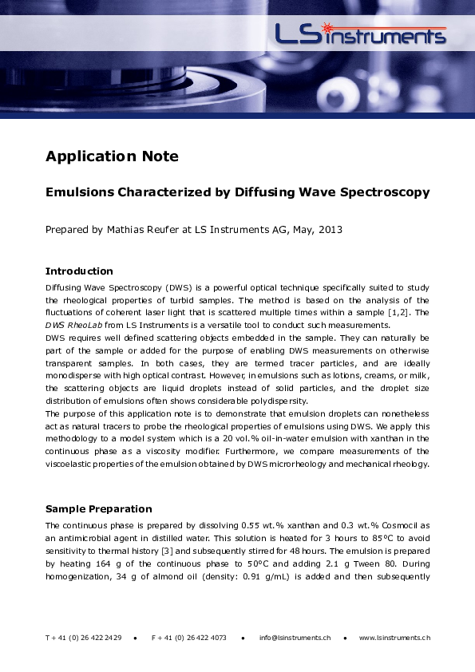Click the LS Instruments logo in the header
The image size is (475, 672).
pos(360,34)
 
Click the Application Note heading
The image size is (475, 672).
pos(112,156)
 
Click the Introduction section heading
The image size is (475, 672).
pos(79,271)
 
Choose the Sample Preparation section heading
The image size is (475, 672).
pos(98,509)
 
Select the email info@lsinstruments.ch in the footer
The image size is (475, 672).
pos(295,638)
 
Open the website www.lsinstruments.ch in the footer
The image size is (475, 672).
pos(394,638)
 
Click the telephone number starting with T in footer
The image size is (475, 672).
pos(83,638)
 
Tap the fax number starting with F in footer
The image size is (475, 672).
pos(188,638)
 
